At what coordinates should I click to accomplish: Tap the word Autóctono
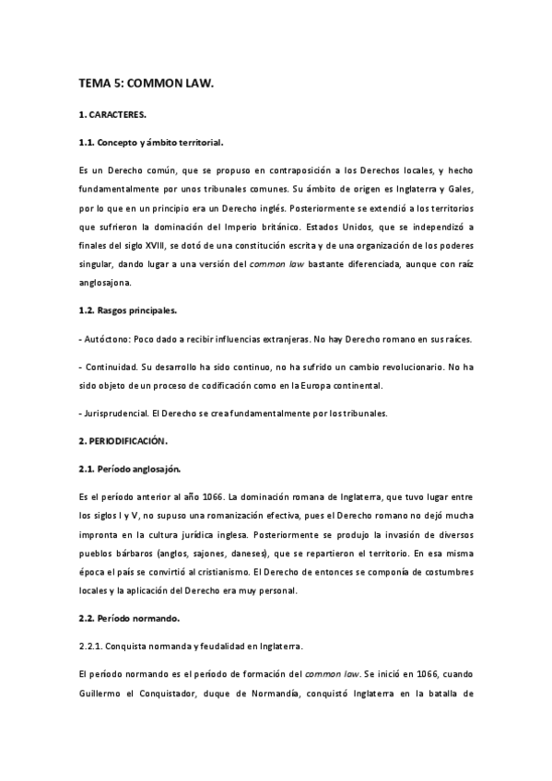(108, 340)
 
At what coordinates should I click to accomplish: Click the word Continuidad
(111, 367)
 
